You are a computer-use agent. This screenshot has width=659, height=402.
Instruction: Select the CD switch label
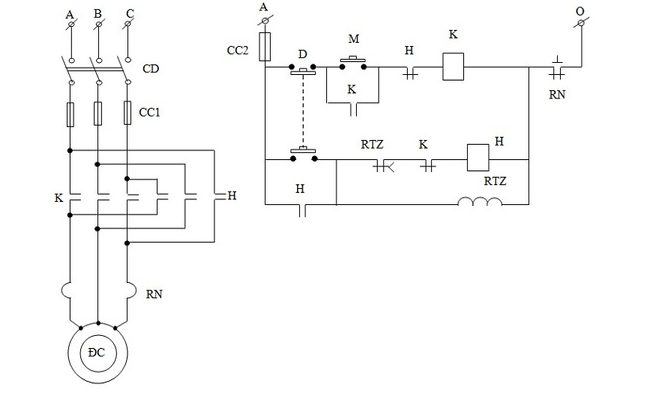[x=151, y=69]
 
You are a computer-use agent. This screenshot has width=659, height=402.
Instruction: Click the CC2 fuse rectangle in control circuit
[x=265, y=46]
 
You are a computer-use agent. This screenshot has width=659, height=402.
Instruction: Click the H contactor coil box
[x=476, y=158]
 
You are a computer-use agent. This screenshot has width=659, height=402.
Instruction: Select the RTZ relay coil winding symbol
[x=479, y=205]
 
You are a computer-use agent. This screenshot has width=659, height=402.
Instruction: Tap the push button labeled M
[x=353, y=63]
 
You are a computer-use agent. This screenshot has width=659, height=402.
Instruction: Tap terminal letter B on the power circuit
[x=97, y=14]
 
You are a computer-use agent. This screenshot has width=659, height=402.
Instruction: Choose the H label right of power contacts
[x=232, y=195]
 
